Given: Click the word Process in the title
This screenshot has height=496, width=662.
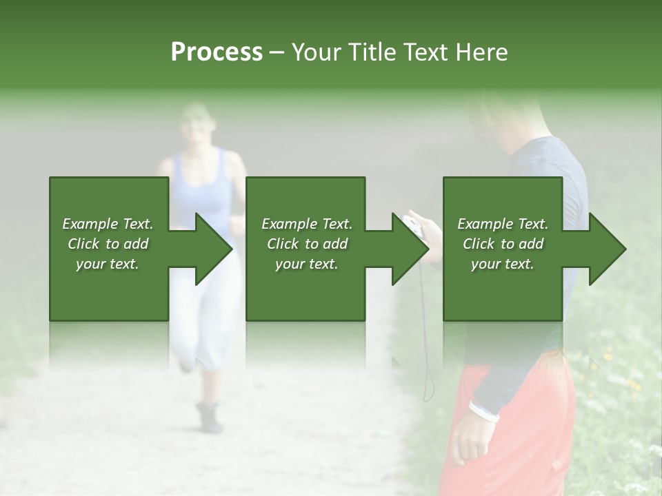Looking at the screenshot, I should pyautogui.click(x=217, y=52).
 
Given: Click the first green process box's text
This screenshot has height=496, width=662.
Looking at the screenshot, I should pyautogui.click(x=108, y=244).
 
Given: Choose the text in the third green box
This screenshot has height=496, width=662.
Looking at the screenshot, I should pyautogui.click(x=503, y=244).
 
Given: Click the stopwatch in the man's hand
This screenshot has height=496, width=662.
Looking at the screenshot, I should pyautogui.click(x=412, y=225).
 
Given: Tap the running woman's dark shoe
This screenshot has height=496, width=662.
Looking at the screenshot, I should pyautogui.click(x=209, y=417).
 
